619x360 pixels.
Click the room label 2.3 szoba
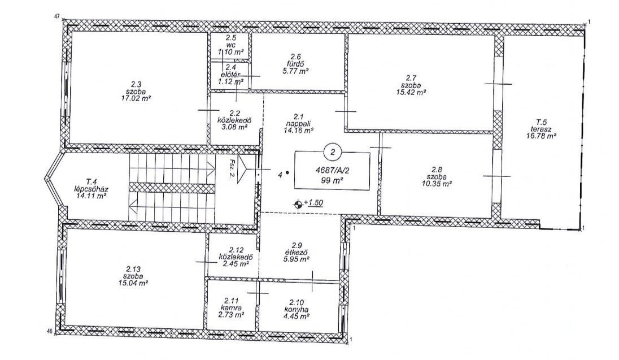tap(136, 88)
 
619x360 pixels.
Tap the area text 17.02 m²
tap(136, 98)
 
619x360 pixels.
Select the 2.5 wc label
tap(230, 41)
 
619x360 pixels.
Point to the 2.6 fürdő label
tap(295, 61)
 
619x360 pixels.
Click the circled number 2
tap(333, 152)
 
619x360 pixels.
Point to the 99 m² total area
tap(332, 181)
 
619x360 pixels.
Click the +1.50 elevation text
tap(313, 203)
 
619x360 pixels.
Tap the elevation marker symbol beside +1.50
tap(298, 204)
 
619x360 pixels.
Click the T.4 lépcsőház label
tap(90, 185)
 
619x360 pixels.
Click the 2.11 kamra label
tap(231, 304)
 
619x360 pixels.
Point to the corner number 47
tap(57, 16)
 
